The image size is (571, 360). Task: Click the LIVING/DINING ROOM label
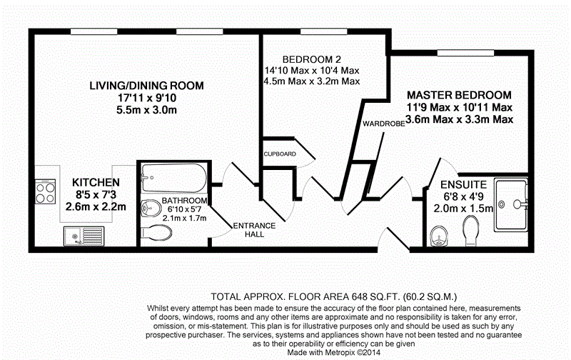146,86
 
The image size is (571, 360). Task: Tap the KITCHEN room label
96,182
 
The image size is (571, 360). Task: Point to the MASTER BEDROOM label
459,95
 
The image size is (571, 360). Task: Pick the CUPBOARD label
280,154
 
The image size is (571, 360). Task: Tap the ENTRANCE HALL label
255,230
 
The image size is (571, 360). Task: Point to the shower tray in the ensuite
512,204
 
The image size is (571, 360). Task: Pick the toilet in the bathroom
157,232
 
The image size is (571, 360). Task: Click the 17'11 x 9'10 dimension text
146,98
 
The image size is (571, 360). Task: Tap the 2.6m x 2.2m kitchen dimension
96,208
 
